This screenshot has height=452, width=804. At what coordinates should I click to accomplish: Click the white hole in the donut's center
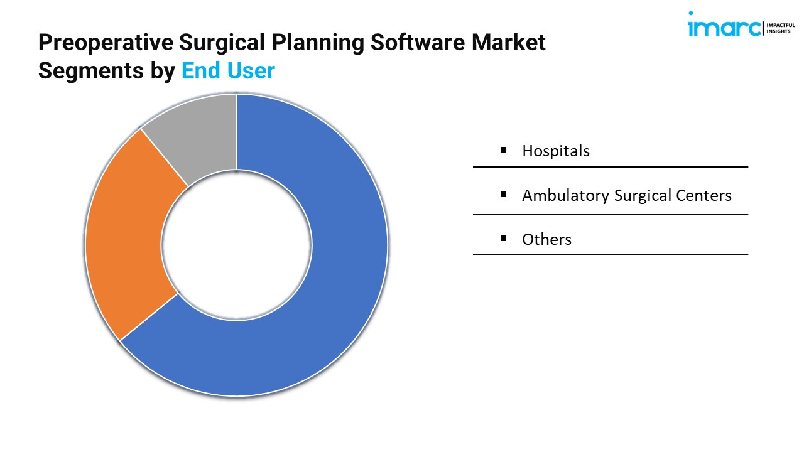pos(237,245)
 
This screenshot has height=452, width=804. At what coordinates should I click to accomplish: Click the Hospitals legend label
pos(556,151)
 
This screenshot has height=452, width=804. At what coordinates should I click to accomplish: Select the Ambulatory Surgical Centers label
pos(627,195)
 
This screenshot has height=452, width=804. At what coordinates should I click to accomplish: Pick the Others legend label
pos(546,239)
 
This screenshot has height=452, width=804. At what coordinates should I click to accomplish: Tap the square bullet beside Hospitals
pos(503,150)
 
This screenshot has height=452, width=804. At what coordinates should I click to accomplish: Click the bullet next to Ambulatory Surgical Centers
pos(503,195)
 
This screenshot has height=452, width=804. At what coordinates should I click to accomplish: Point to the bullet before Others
pos(503,238)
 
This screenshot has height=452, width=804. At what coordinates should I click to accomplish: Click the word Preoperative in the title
pos(106,43)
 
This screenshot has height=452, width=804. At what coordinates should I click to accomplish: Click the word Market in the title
pos(509,42)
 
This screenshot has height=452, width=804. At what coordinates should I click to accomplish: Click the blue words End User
pos(228,70)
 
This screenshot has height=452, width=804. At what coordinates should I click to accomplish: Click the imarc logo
pos(724,24)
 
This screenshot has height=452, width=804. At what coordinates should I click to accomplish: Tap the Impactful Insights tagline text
pos(780,28)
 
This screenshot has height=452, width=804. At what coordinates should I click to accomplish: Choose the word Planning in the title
pos(318,43)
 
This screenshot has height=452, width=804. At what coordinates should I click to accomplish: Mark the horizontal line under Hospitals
pos(611,167)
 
